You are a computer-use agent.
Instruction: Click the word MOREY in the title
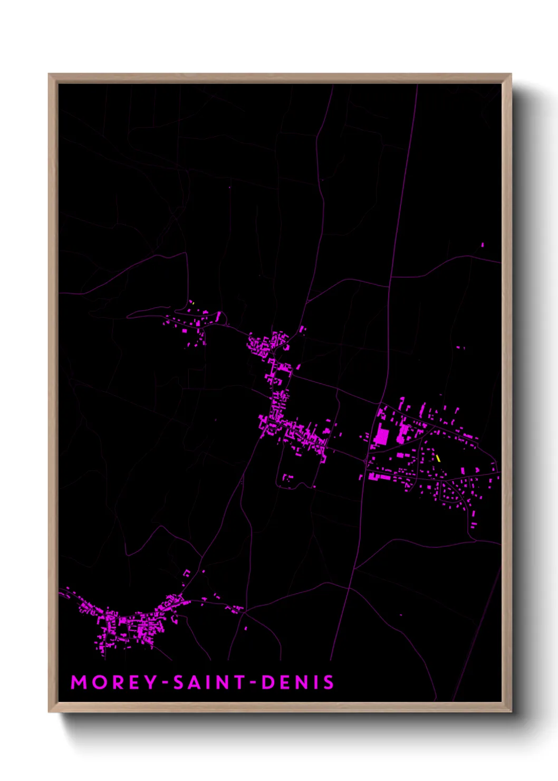coord(114,682)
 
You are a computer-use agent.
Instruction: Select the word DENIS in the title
coord(297,682)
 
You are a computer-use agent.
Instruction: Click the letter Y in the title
coord(150,682)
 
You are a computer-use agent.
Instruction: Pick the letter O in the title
coord(97,682)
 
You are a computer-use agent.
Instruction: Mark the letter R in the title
coord(116,682)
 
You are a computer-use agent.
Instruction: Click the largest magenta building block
coord(381,436)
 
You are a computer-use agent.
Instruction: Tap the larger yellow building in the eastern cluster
coord(438,458)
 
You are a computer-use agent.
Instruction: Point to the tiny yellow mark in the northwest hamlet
coord(193,303)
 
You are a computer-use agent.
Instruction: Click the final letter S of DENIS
coord(329,682)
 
